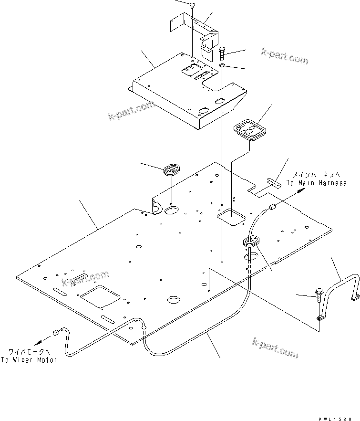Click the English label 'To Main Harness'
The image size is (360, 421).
tap(316, 183)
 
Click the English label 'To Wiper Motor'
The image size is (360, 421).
tap(28, 360)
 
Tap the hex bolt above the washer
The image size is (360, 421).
tap(223, 51)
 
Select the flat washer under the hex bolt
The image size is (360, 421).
tap(223, 65)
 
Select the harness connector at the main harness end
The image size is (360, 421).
tap(273, 207)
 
